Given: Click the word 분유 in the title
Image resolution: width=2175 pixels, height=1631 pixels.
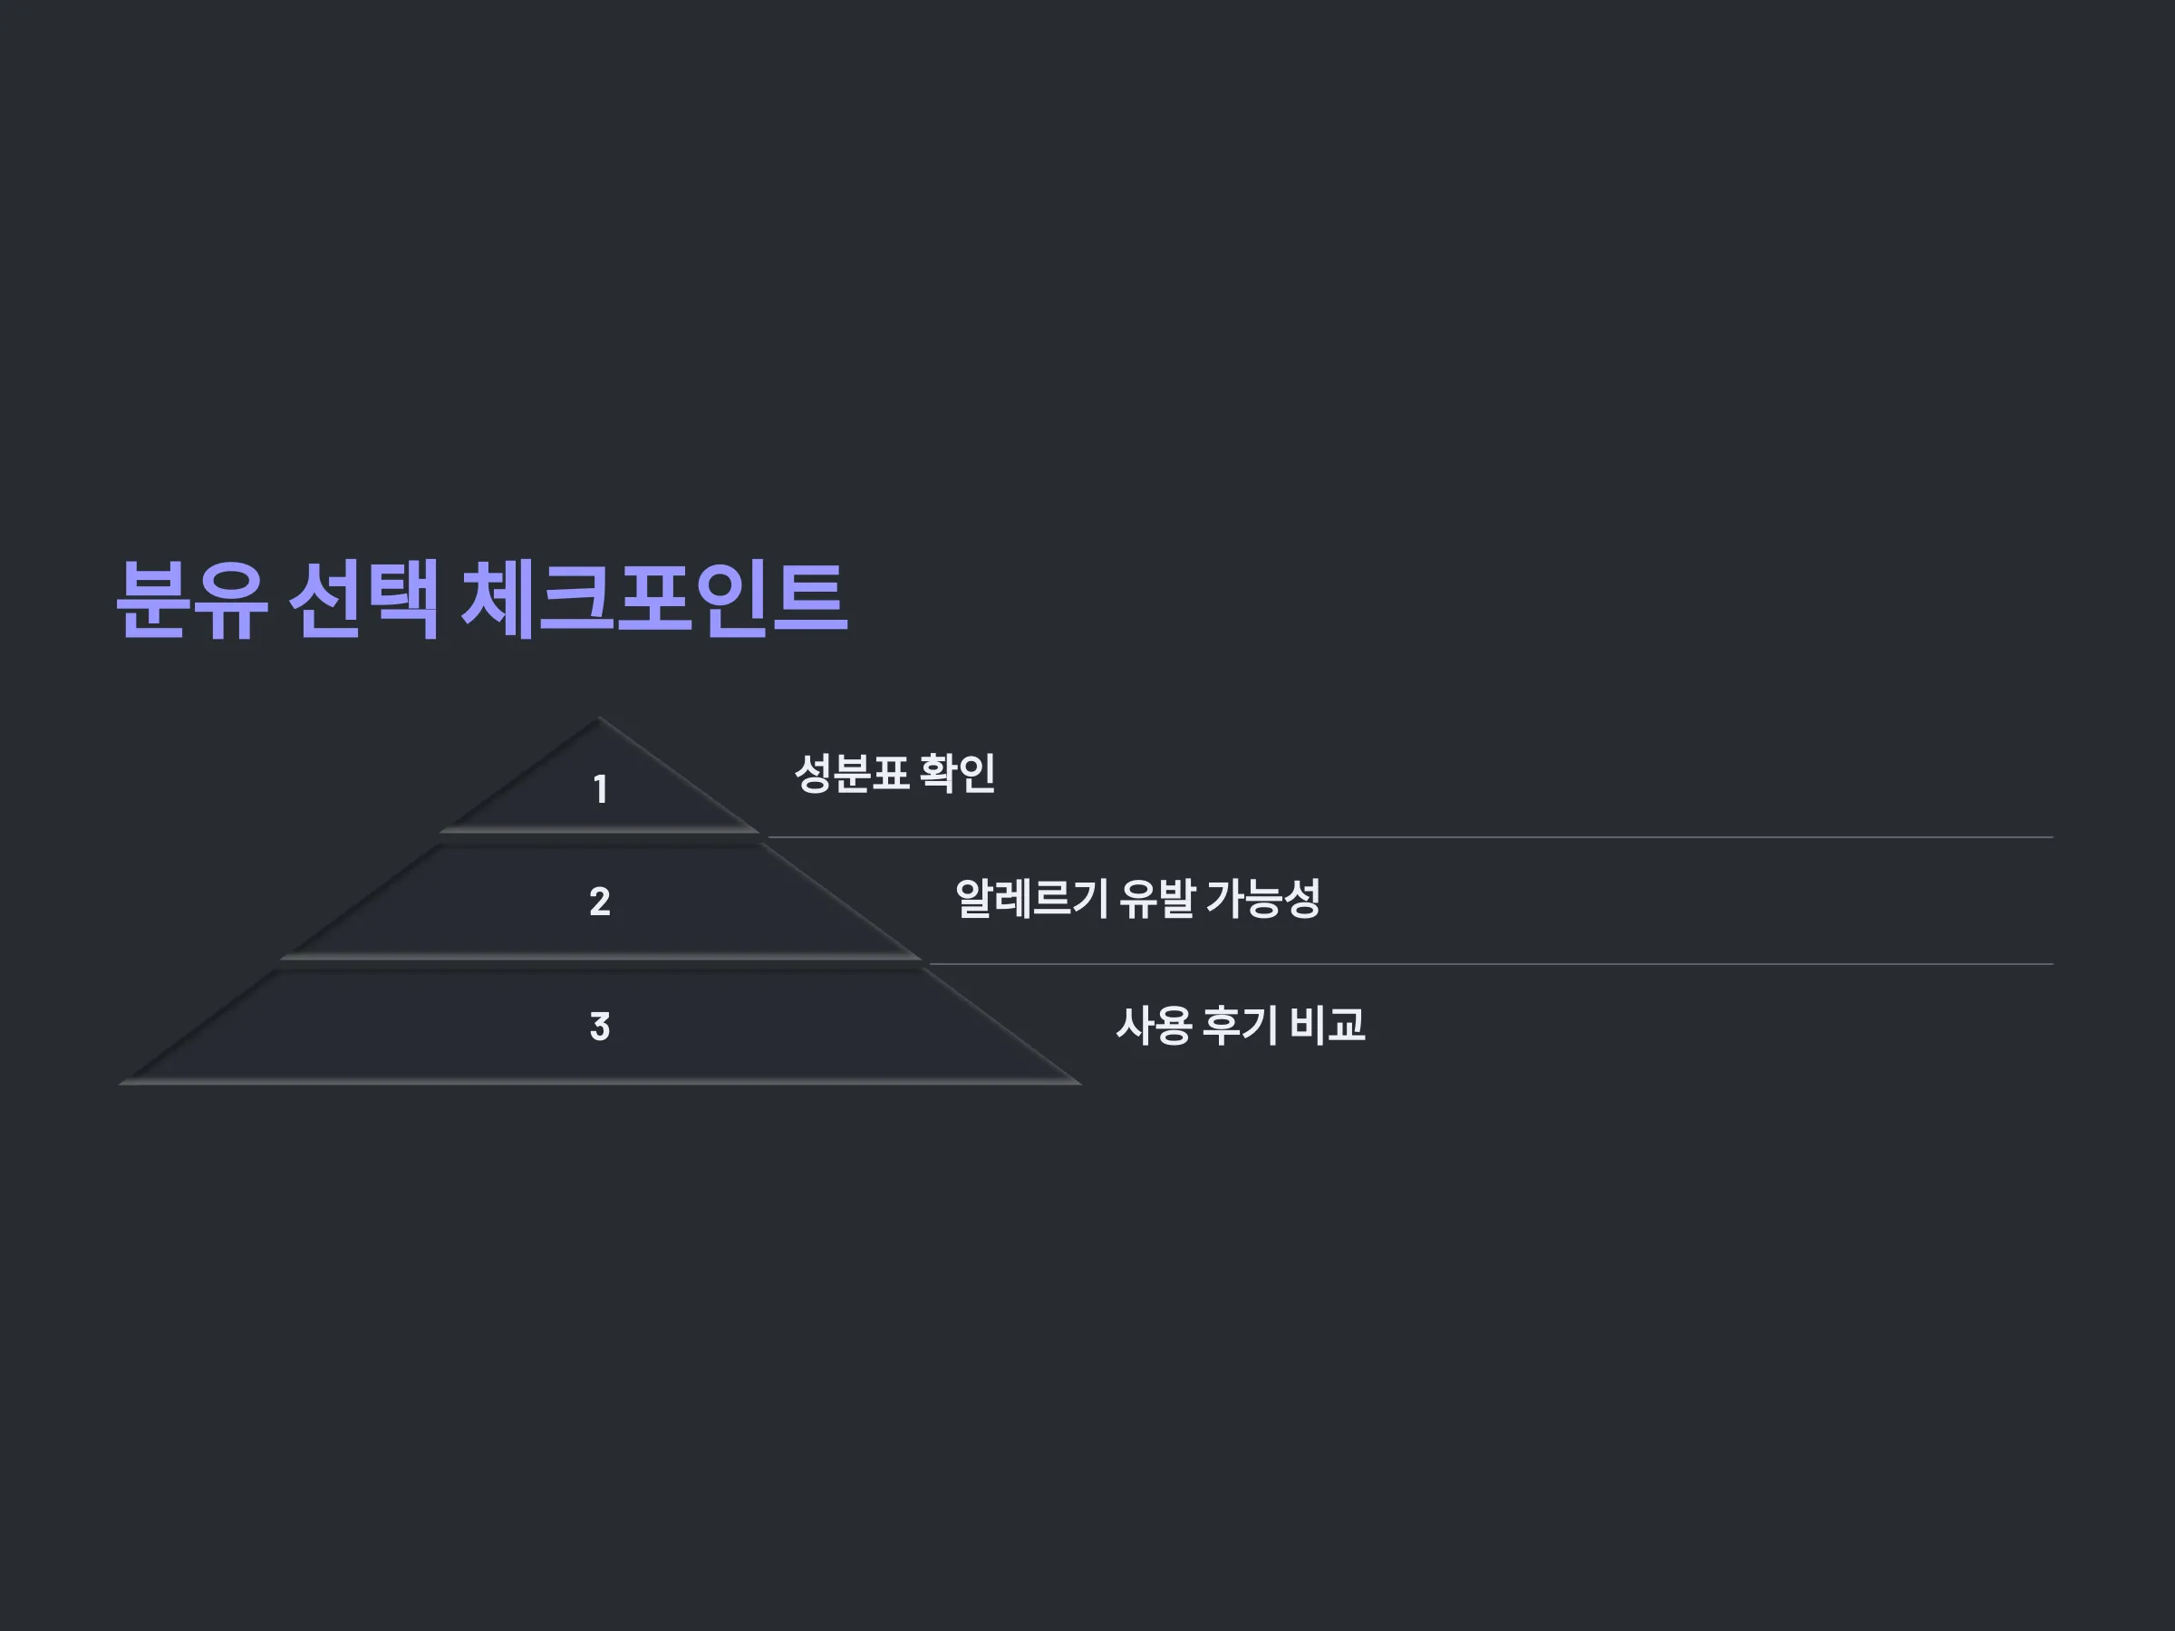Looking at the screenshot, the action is tap(192, 600).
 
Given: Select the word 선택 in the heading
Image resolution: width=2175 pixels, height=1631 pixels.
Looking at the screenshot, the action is tap(363, 600).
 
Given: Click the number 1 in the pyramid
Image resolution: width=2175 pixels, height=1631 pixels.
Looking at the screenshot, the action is tap(600, 788).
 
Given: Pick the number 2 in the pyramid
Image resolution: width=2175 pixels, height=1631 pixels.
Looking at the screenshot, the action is tap(600, 902).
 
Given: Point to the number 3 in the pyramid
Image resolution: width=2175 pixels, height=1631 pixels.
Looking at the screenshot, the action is tap(600, 1027).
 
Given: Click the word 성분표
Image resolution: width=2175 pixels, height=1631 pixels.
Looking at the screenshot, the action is tap(851, 773).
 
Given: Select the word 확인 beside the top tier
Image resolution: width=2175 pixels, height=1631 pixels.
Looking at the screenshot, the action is tap(958, 773).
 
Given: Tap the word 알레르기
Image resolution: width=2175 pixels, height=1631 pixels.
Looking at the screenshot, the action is tap(1031, 899).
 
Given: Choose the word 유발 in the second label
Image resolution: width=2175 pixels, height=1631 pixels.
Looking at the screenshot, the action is tap(1157, 899).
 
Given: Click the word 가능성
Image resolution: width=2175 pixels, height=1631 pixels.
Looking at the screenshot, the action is tap(1263, 899).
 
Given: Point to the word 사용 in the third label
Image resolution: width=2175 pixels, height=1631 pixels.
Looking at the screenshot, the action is tap(1154, 1026).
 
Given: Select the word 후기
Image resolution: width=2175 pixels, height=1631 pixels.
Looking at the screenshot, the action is tap(1240, 1026).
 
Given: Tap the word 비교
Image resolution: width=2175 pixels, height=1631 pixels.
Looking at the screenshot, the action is tap(1327, 1026).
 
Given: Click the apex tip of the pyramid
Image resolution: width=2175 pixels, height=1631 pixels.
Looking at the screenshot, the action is tap(599, 719).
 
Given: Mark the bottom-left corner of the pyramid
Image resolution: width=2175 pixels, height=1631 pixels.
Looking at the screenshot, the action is tap(120, 1084).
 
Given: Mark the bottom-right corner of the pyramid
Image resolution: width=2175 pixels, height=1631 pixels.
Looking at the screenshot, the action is tap(1079, 1084).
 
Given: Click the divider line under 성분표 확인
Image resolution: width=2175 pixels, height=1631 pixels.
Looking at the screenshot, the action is tap(1410, 837).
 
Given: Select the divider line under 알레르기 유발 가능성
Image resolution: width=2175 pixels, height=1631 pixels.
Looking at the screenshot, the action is tap(1491, 964).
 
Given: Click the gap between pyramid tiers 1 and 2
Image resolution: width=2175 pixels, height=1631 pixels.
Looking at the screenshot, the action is tap(600, 838).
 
